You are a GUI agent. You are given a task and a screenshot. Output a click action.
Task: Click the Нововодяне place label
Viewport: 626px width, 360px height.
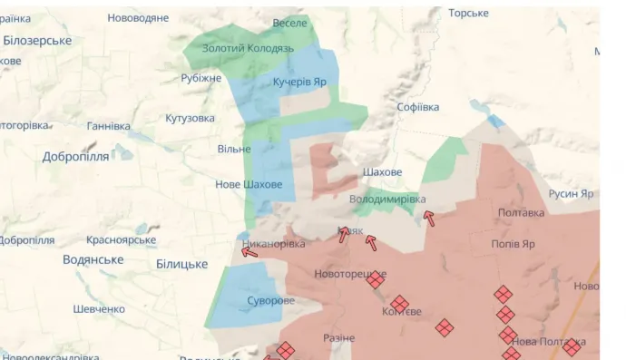coord(138,18)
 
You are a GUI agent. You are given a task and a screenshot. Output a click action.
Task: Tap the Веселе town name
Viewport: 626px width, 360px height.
coord(290,23)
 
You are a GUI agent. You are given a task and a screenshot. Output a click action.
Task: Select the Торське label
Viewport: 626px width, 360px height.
coord(468,14)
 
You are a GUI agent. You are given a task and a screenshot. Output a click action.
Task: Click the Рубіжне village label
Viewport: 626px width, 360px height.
coord(201,78)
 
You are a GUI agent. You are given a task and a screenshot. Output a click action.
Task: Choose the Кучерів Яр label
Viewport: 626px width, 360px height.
coord(299,82)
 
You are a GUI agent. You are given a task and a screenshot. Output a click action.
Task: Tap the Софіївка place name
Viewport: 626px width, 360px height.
coord(417,107)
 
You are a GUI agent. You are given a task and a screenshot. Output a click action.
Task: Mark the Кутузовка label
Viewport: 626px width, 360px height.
coord(190,119)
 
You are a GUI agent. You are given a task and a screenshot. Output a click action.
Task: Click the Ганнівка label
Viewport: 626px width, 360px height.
coord(109,126)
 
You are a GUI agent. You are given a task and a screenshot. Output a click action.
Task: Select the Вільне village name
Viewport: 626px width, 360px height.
coord(234,149)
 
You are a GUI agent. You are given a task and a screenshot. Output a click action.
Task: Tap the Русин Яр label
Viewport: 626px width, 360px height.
coord(572,194)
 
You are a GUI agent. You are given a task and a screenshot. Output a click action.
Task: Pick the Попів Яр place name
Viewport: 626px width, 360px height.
coord(513,244)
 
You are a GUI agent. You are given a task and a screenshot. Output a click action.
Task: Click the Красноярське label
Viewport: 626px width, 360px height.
coord(122,240)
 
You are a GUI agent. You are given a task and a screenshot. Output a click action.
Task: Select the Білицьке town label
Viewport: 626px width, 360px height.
coord(181,264)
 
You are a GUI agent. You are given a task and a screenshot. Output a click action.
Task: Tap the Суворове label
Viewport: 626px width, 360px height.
coord(270,301)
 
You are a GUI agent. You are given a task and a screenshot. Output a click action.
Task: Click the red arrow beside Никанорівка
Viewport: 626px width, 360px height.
coord(249,252)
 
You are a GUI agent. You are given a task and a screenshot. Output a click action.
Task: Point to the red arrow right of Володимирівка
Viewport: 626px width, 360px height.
coord(428,218)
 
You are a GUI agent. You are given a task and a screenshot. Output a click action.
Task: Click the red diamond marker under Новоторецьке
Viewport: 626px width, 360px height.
coord(375,280)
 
